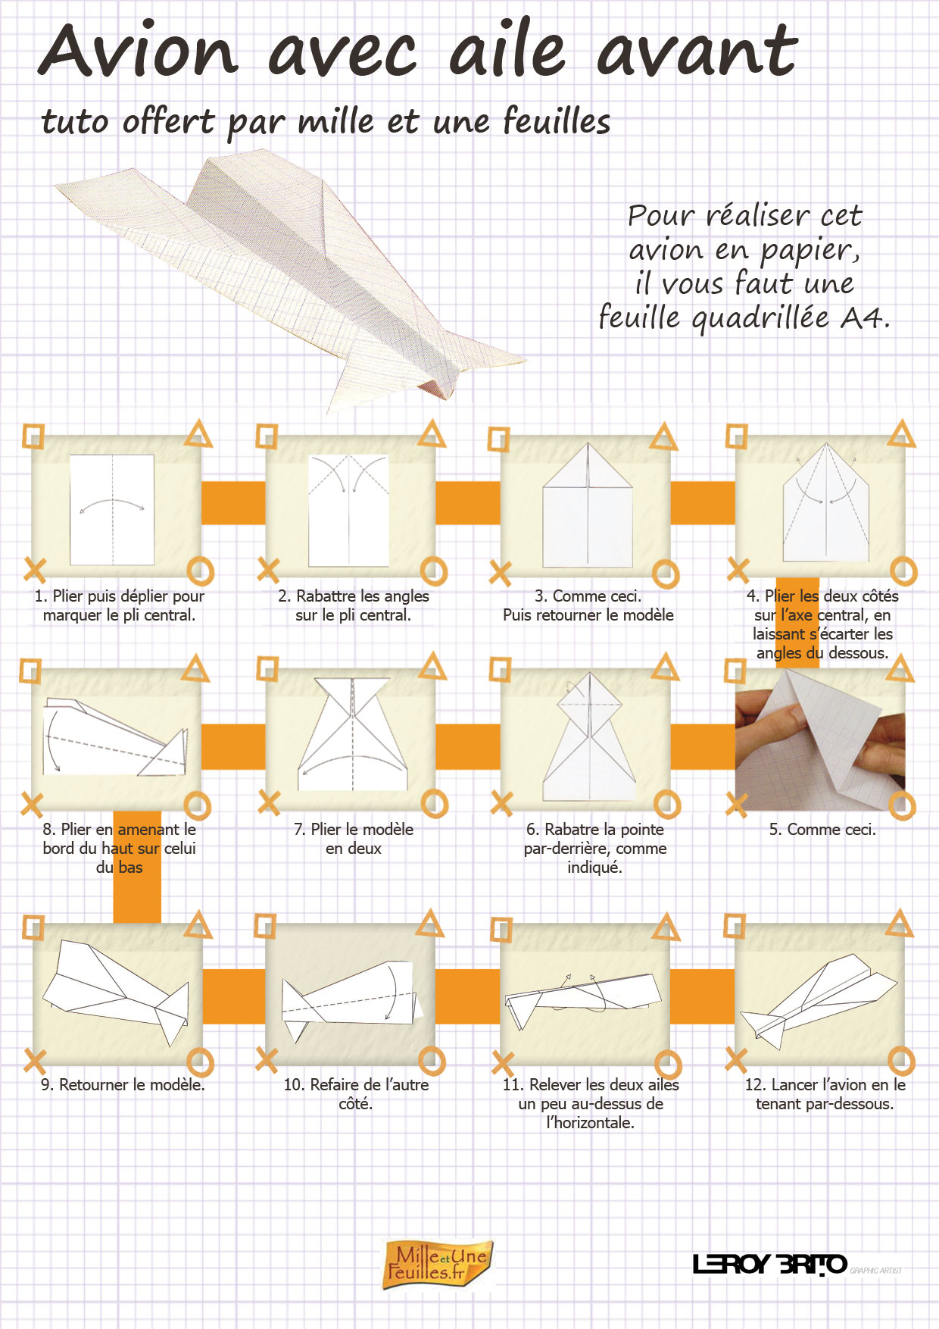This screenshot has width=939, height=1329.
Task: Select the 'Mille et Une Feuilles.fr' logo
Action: [438, 1264]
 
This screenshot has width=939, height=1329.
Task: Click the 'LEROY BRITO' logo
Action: [769, 1264]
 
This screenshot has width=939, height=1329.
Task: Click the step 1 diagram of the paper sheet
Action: [112, 509]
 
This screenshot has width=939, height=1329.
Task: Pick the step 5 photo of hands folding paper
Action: [820, 740]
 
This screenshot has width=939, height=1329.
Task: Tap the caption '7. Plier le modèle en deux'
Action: [354, 839]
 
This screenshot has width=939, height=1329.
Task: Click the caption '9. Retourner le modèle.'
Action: [123, 1084]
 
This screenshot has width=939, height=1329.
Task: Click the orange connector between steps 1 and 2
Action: [233, 502]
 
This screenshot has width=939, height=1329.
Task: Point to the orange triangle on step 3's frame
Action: [664, 436]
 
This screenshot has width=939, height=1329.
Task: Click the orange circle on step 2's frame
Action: [434, 571]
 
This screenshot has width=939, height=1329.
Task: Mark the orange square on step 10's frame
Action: [265, 925]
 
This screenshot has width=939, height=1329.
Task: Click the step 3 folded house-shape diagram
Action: [588, 505]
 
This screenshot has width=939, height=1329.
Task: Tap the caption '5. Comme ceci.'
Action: [822, 830]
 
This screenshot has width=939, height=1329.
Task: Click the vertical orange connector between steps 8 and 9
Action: [137, 868]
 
